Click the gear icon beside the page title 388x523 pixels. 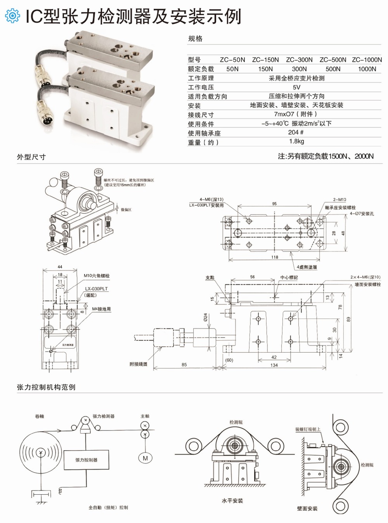point(12,15)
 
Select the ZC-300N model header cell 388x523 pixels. point(299,60)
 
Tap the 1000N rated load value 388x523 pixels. point(367,69)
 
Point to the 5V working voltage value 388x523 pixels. point(296,87)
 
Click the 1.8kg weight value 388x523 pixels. point(296,141)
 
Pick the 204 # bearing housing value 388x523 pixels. point(296,132)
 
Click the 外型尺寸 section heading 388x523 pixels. point(31,157)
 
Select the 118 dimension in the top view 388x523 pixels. point(275,257)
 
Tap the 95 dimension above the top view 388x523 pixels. point(274,204)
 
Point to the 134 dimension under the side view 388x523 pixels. point(274,365)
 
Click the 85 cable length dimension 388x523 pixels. point(184,365)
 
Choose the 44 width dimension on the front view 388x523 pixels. point(60,267)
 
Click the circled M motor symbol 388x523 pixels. point(145,458)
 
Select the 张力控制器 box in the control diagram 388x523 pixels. point(86,460)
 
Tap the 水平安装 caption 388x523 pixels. point(232,501)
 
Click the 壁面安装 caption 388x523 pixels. point(307,508)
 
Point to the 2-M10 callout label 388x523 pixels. point(339,200)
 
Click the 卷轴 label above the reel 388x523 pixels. point(40,416)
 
